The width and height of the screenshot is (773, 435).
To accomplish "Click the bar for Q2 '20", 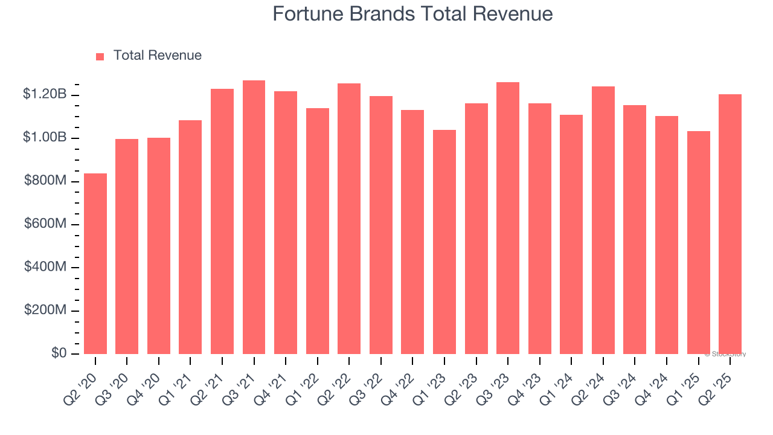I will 95,264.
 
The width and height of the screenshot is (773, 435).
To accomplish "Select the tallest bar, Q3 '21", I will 254,217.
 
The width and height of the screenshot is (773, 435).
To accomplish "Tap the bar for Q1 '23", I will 444,242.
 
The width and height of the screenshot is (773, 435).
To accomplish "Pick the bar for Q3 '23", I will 508,218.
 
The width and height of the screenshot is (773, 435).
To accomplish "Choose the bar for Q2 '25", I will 730,224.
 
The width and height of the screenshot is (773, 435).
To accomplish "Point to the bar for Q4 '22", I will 412,232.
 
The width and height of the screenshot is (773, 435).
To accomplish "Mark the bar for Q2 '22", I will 349,219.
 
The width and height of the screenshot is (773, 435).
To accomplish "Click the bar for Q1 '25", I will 698,242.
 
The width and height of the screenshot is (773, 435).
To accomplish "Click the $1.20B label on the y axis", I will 45,94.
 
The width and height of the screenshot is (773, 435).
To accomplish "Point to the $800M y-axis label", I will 45,181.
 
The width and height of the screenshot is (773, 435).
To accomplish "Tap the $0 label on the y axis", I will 58,353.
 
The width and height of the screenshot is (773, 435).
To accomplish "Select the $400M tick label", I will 45,267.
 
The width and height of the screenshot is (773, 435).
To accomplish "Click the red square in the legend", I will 100,56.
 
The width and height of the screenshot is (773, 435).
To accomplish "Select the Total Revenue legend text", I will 157,56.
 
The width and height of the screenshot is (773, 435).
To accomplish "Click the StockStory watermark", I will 725,354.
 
